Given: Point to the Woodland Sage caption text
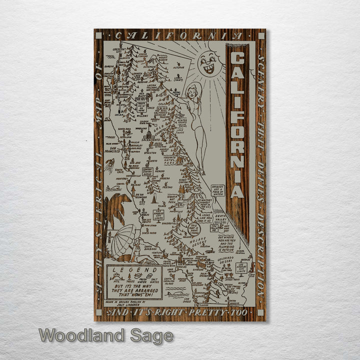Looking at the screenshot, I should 106,335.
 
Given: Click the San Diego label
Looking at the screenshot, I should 187,300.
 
